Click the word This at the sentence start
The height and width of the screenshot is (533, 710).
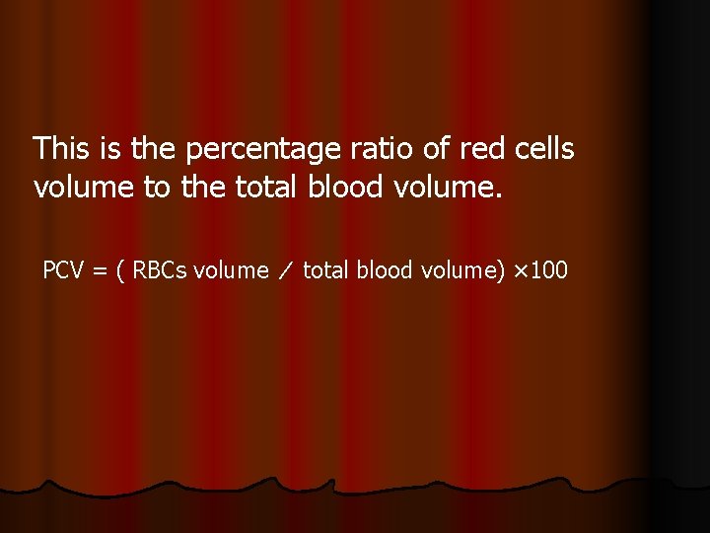tap(61, 149)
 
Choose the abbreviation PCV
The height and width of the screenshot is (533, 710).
tap(63, 269)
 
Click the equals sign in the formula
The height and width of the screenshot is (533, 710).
tap(100, 270)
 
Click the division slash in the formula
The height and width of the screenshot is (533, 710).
tap(286, 270)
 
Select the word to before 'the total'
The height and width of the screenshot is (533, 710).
tap(157, 187)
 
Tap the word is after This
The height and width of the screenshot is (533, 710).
tap(109, 149)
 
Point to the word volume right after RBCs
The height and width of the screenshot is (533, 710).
tap(231, 269)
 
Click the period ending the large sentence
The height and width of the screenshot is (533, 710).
tap(499, 194)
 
